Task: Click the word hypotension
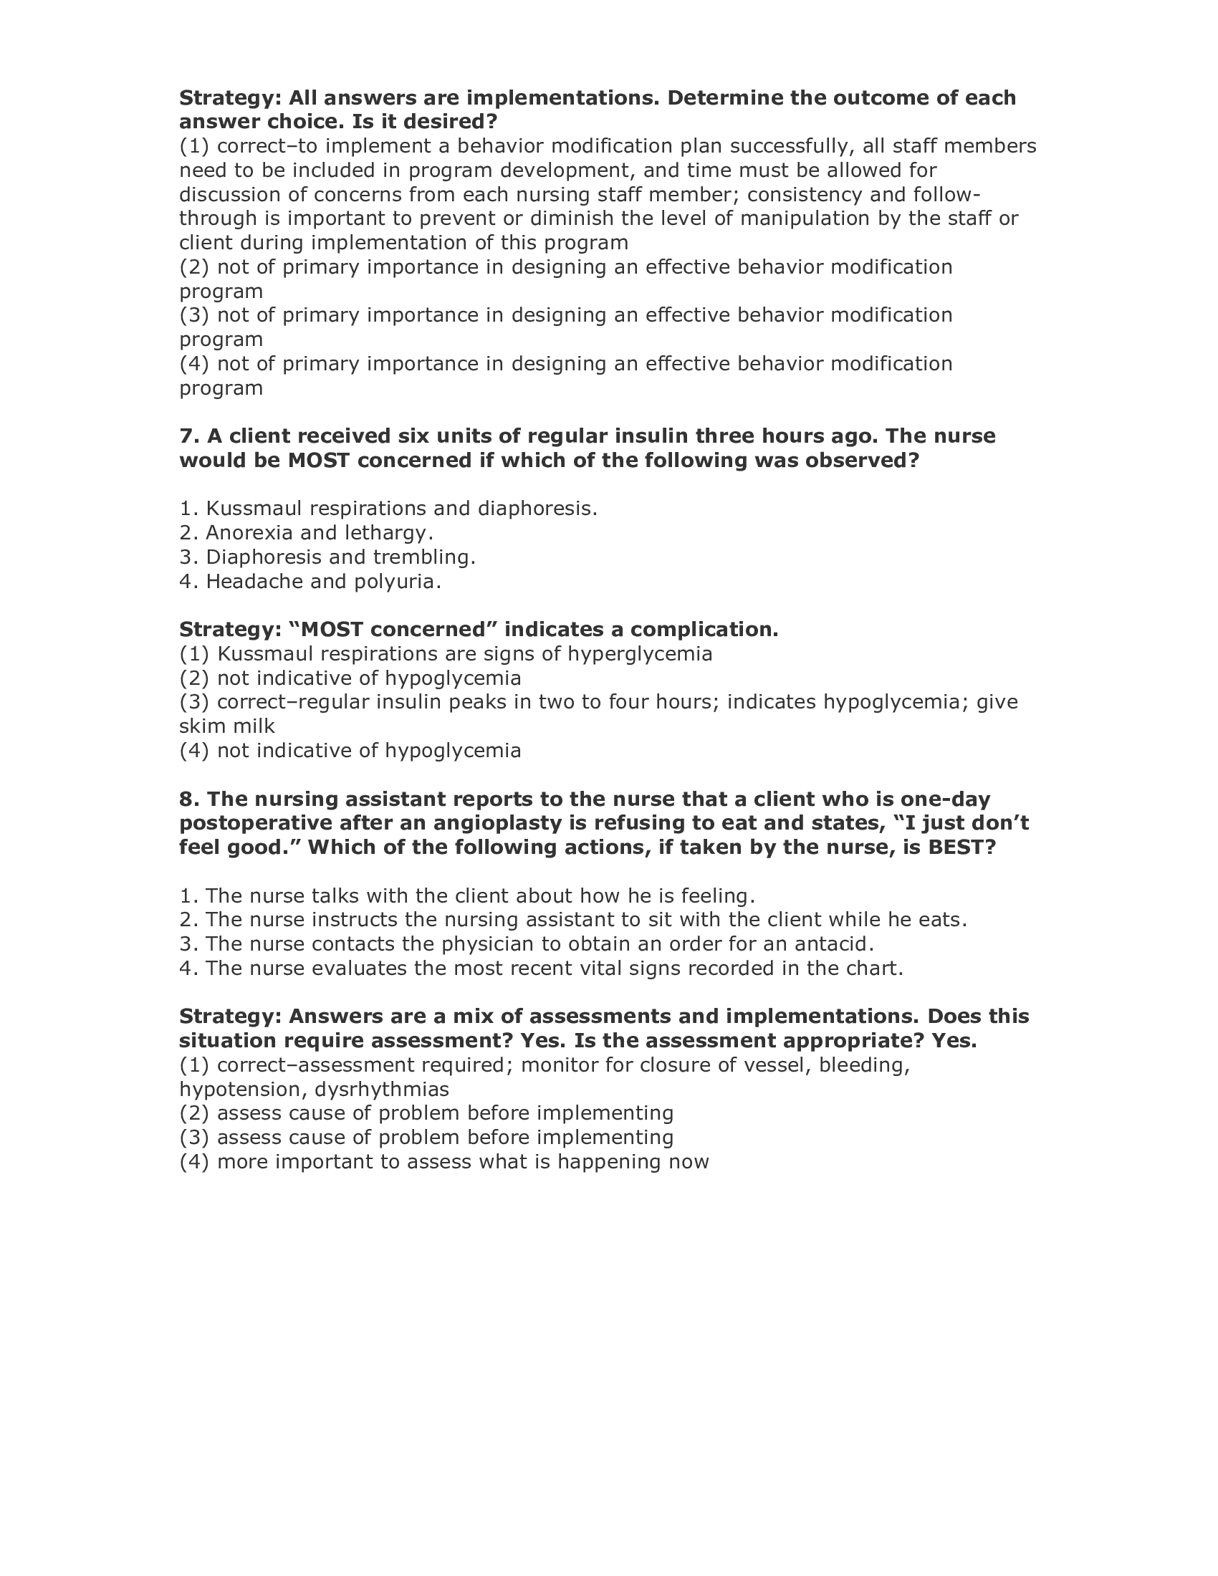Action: coord(236,1090)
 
